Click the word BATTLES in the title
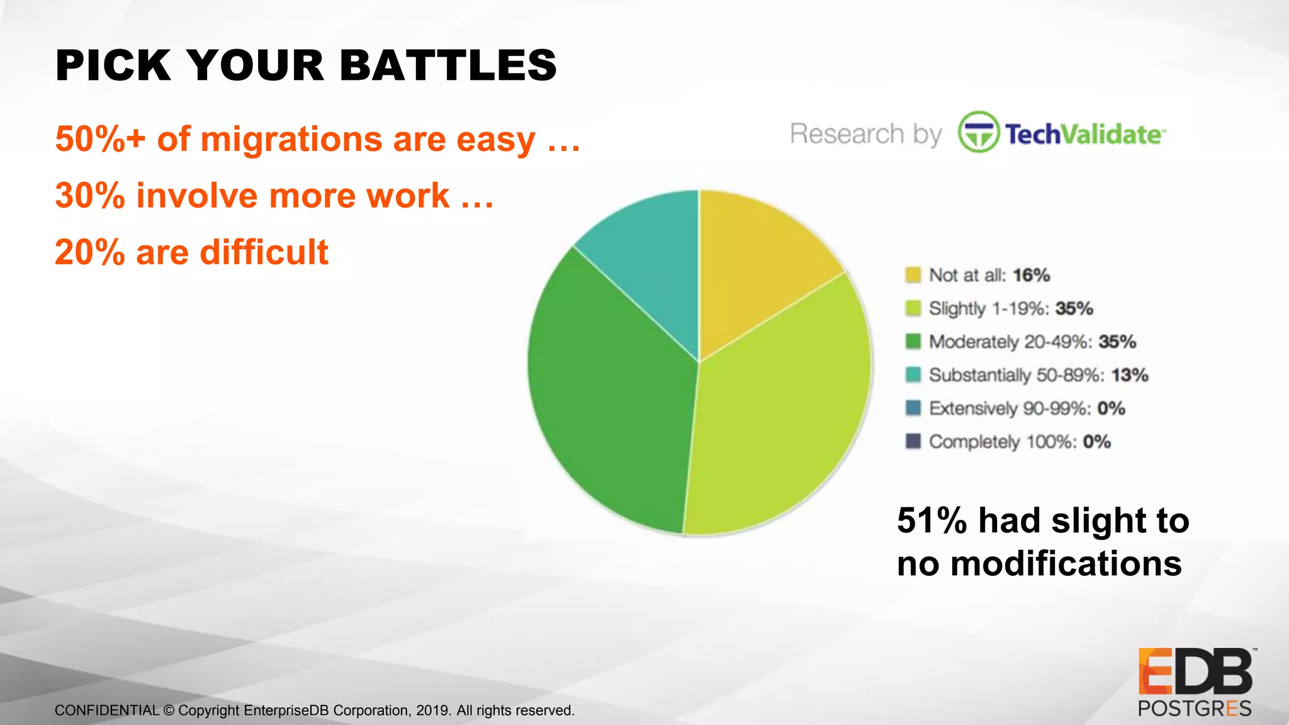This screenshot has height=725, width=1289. [448, 65]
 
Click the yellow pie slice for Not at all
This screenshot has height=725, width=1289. [755, 264]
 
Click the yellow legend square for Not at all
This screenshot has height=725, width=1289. [913, 275]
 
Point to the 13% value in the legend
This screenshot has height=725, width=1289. [1130, 375]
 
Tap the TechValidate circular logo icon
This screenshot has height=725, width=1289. [978, 132]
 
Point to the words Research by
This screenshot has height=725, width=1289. [865, 134]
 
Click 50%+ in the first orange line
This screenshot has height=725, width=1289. [99, 139]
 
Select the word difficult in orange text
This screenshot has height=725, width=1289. [264, 252]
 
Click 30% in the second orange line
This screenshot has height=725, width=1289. [90, 196]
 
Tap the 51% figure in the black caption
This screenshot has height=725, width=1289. [932, 520]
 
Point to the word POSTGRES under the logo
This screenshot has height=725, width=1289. [1194, 709]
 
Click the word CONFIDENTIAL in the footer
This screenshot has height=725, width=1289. [107, 711]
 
